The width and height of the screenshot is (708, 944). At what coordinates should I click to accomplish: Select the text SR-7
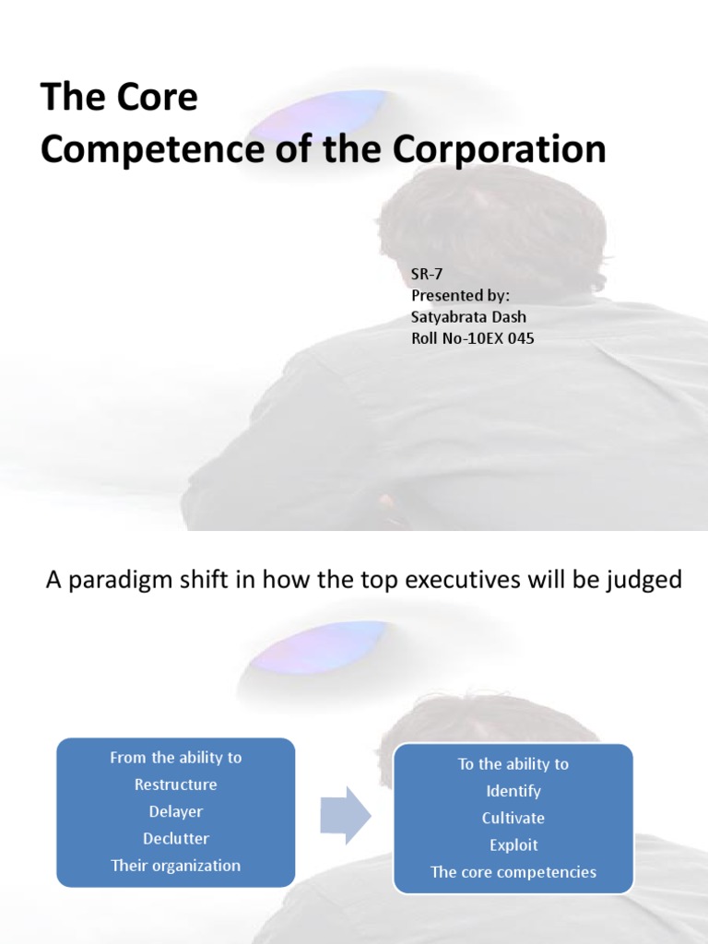coord(426,275)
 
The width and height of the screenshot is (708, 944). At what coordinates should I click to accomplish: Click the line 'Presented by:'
coord(460,296)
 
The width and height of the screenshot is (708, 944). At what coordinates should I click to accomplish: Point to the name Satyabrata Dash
coord(469,317)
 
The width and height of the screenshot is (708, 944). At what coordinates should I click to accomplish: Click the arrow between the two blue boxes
coord(345,815)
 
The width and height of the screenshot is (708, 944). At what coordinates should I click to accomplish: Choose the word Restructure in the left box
coord(176,785)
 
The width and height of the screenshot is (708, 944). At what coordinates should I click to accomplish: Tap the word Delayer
coord(176,811)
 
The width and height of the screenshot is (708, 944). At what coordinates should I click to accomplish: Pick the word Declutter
coord(176,838)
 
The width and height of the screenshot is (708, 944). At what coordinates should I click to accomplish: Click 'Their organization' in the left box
coord(176,866)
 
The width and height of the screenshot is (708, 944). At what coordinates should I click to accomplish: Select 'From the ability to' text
coord(176,758)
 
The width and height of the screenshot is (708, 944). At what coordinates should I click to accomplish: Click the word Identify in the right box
coord(513,791)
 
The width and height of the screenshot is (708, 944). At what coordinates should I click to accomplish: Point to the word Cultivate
coord(513,818)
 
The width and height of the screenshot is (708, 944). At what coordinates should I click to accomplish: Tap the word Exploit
coord(513,844)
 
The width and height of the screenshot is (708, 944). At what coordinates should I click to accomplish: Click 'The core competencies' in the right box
coord(513,872)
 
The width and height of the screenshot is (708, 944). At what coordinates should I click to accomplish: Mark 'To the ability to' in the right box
coord(513,764)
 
